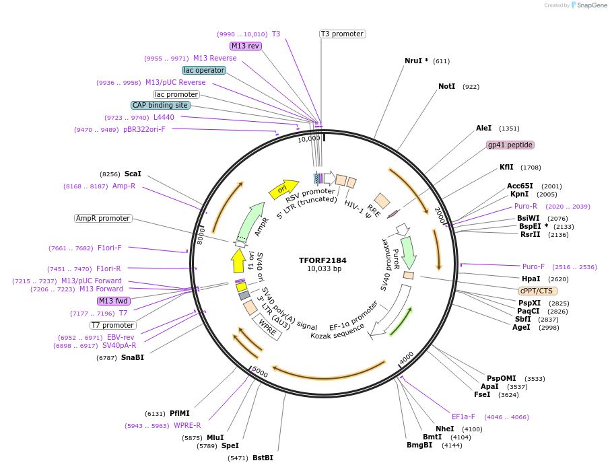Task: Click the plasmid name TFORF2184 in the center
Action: click(323, 260)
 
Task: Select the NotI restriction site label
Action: click(446, 87)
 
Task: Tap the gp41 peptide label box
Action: click(510, 145)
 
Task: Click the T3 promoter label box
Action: click(342, 34)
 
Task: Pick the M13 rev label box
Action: click(245, 46)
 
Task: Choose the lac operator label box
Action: click(204, 70)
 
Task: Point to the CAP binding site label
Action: click(160, 105)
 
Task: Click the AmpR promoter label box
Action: click(103, 218)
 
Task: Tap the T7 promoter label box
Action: click(113, 325)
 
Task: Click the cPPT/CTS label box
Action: click(537, 291)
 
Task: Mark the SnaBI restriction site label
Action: click(133, 357)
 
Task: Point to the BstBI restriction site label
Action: click(263, 458)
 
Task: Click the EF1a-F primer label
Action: click(463, 417)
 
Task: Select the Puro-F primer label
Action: click(534, 266)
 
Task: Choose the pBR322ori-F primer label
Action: click(144, 129)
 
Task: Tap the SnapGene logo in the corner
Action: click(586, 5)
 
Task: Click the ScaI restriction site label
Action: click(133, 174)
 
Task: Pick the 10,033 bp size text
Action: click(323, 269)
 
